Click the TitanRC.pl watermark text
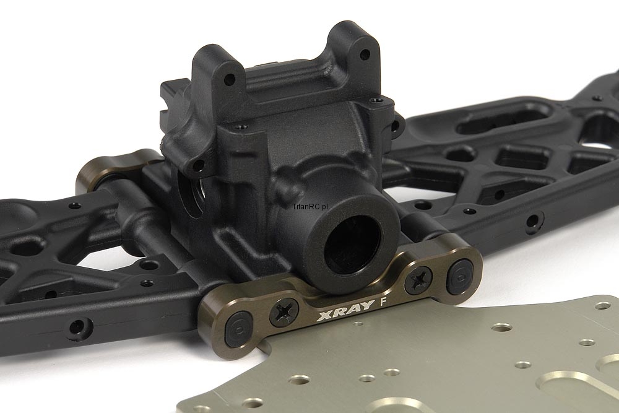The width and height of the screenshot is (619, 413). tap(311, 206)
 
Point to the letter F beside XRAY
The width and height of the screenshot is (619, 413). tap(382, 302)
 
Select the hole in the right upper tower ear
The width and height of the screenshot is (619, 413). tap(365, 53)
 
